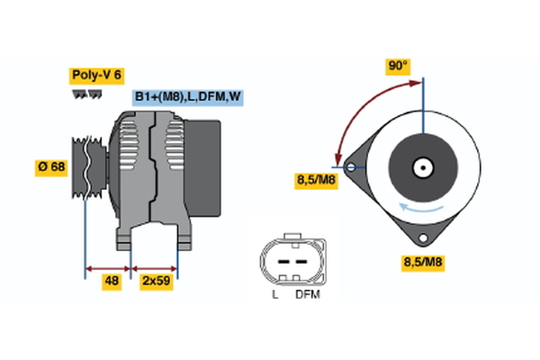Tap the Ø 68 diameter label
(x=52, y=167)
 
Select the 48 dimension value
(x=112, y=282)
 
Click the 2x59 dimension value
(x=155, y=282)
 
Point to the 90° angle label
(x=398, y=66)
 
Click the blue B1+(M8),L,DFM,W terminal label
(x=187, y=96)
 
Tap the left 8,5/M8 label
(x=315, y=180)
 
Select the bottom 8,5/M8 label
(x=421, y=263)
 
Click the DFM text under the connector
(x=306, y=294)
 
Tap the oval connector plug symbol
(x=289, y=258)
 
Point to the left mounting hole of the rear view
(x=351, y=166)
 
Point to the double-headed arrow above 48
(x=108, y=268)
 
